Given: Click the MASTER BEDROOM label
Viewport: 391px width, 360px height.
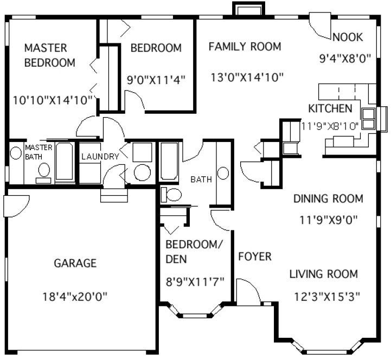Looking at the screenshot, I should coord(49,55).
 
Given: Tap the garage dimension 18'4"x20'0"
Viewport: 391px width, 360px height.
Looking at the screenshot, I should coord(75,297).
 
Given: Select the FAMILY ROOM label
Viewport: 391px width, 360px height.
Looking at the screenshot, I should coord(245,47).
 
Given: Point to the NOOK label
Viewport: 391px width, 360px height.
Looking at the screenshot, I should coord(348,37).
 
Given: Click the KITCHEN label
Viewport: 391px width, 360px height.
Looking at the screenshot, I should coord(334,108).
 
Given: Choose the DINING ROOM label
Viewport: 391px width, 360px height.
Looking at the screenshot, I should coord(328,198).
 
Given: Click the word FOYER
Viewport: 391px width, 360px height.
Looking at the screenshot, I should coord(254,256).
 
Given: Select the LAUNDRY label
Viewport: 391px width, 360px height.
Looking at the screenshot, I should coord(100,157).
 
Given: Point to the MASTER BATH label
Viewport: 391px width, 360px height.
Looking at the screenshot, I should coord(39,152).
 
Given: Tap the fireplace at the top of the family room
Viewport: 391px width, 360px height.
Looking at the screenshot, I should coord(248,9).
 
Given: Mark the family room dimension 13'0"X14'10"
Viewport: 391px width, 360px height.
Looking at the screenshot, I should coord(247,78).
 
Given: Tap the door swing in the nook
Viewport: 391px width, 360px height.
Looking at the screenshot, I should coord(320,27).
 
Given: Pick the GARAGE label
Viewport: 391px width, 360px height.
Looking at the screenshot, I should coord(75,263).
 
